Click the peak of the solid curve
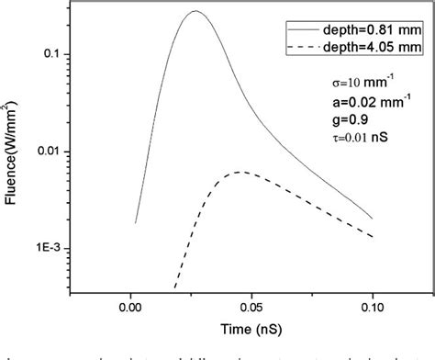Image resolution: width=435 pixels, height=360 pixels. pyautogui.click(x=195, y=12)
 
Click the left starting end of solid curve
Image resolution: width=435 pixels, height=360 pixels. pyautogui.click(x=135, y=222)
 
